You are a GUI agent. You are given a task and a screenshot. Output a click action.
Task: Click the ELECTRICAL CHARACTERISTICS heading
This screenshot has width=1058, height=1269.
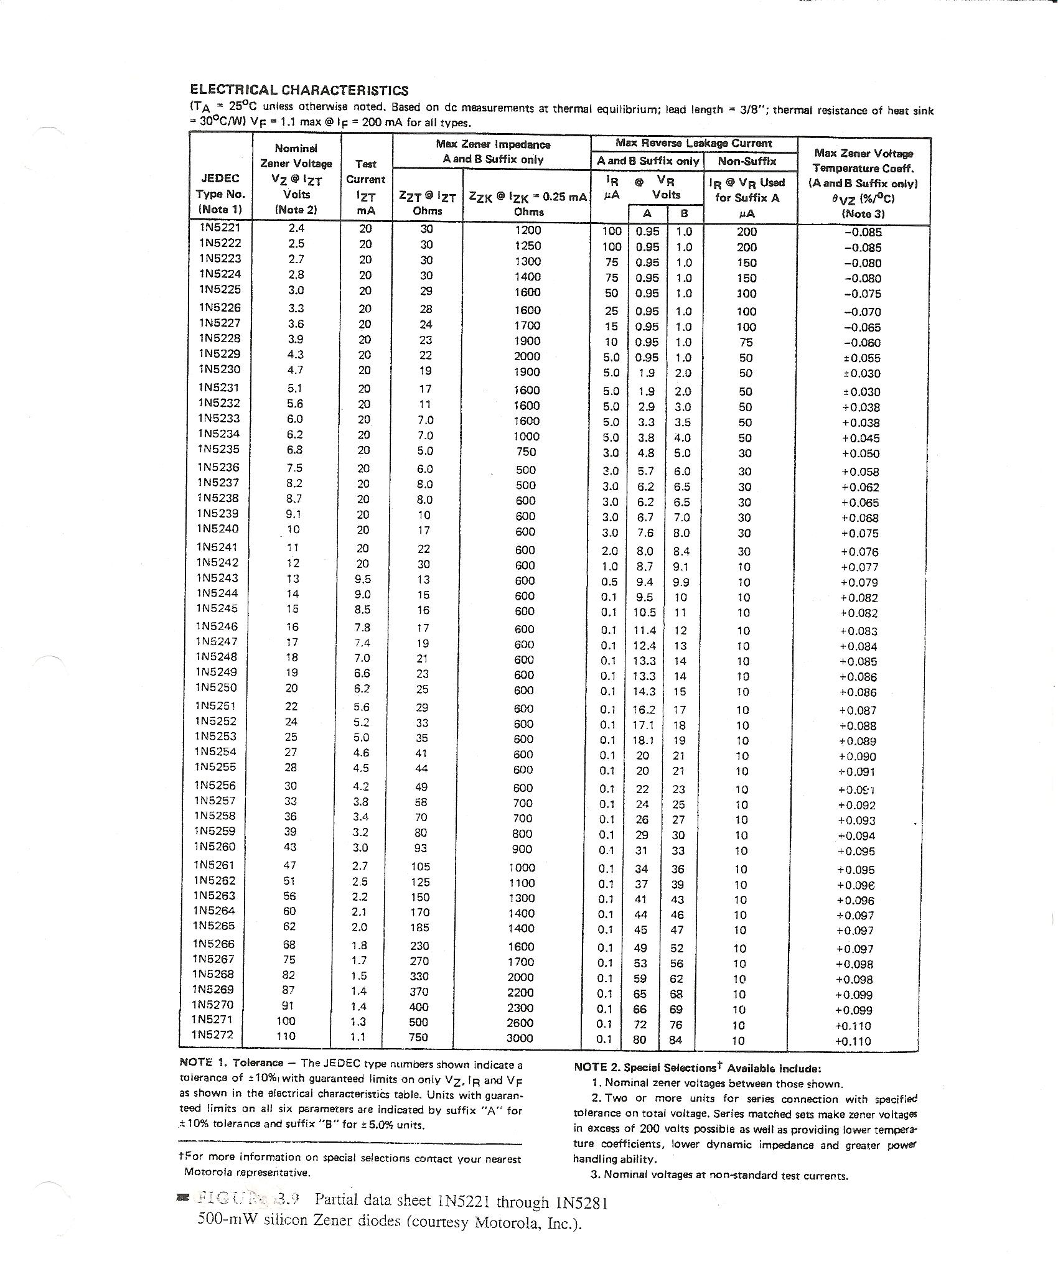point(299,90)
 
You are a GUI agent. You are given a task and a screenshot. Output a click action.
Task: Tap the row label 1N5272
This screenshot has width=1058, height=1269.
point(213,1035)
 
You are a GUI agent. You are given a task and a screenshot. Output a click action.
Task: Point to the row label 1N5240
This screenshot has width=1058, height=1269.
point(217,529)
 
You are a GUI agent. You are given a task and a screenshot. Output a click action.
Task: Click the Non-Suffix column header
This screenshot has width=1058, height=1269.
point(747,161)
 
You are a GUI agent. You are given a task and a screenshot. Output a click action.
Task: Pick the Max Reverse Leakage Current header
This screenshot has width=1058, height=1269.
point(693,143)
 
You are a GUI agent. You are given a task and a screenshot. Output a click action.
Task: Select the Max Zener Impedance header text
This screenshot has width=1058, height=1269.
point(493,144)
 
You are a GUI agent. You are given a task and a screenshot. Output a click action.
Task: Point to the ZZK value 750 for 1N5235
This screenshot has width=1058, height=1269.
point(526,452)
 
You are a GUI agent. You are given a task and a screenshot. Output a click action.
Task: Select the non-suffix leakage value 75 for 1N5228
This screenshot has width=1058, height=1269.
point(746,342)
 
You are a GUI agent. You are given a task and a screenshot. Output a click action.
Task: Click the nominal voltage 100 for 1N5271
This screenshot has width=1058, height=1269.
point(287,1021)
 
